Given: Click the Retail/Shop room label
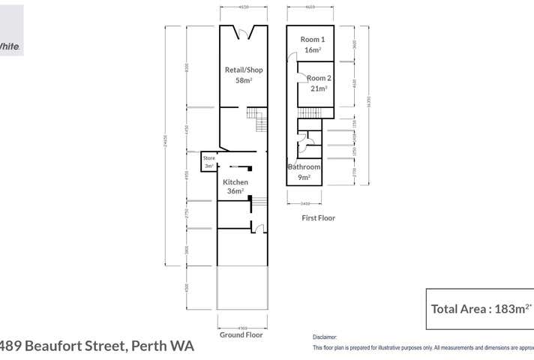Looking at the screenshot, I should (244, 70).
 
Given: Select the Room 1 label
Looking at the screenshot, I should (313, 40).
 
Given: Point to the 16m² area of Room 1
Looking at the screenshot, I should (313, 50).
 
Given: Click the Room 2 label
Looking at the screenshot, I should (319, 78).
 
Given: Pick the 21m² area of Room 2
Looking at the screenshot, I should (319, 88).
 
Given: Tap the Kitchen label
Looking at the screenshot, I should (235, 182).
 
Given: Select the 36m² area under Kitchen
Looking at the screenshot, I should (235, 192).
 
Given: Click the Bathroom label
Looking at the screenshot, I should (304, 167).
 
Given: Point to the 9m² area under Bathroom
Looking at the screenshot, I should (304, 177).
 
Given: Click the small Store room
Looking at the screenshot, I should (209, 162).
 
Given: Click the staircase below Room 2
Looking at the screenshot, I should (309, 112).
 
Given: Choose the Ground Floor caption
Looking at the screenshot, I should (241, 335).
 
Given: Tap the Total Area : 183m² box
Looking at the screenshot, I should (479, 308).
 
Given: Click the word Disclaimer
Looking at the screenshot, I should (325, 337).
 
